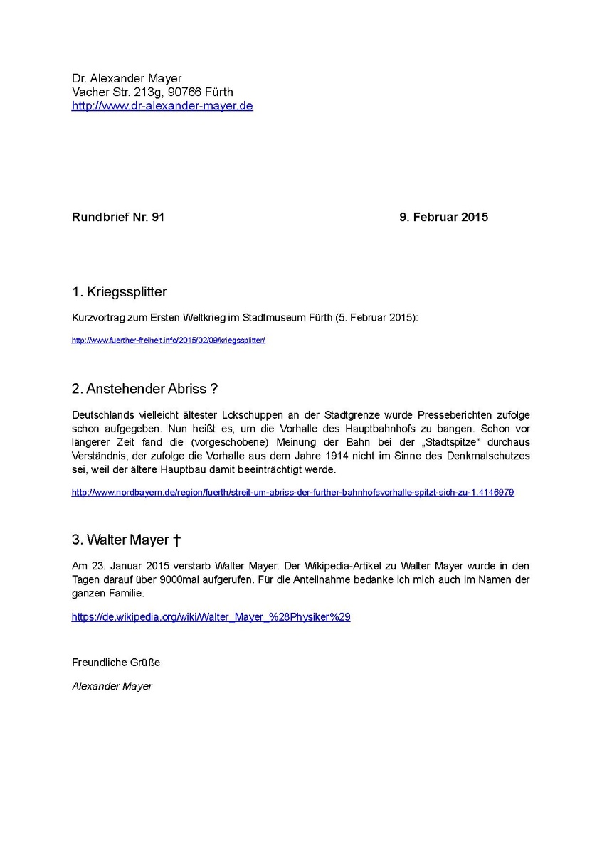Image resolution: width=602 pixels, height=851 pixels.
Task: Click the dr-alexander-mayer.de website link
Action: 162,106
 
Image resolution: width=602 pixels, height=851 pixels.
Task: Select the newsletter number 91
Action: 158,217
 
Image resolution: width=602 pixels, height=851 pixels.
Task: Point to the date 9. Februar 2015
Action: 443,217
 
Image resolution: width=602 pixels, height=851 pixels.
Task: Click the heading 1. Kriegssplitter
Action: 119,291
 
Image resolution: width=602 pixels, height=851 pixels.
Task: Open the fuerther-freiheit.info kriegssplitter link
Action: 168,340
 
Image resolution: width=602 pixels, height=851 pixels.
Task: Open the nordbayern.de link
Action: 292,492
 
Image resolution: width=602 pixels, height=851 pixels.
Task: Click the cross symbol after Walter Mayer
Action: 176,540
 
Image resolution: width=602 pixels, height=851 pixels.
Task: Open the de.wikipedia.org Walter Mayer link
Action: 211,617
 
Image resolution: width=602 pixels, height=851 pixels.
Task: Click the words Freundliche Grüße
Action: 116,662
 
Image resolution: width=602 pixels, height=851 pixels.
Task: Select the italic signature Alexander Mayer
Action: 112,686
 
